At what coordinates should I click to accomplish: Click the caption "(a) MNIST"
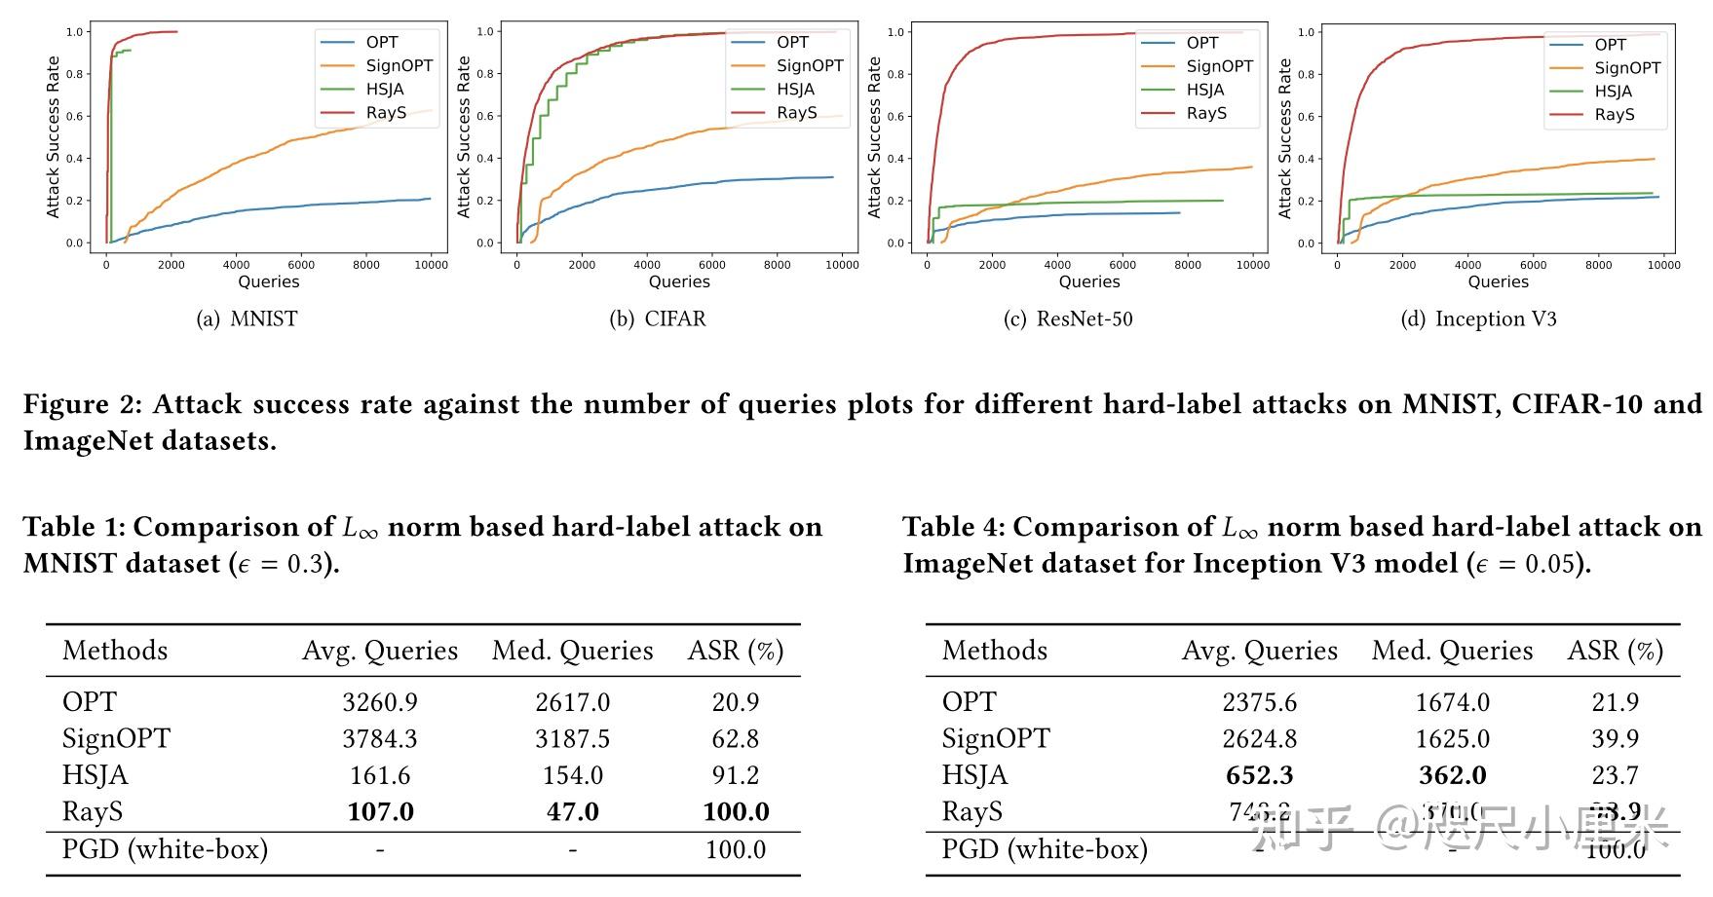point(247,319)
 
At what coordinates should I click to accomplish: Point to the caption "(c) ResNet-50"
point(1068,319)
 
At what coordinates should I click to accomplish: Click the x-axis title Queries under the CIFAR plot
point(679,281)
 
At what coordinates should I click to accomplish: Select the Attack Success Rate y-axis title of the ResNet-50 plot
point(874,136)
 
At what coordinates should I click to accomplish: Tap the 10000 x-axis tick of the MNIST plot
point(432,265)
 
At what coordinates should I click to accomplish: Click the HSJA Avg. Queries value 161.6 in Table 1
point(380,775)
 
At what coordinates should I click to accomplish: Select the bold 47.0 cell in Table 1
point(572,812)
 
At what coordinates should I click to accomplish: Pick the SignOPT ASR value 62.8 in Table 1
point(735,739)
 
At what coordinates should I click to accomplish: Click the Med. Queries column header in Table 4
point(1452,651)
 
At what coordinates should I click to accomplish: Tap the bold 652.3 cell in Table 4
point(1259,775)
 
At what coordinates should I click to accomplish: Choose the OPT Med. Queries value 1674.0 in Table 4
point(1452,702)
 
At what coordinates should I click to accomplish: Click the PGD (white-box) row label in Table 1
point(165,849)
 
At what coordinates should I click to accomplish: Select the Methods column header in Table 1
point(115,651)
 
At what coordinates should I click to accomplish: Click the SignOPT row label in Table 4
point(996,739)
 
